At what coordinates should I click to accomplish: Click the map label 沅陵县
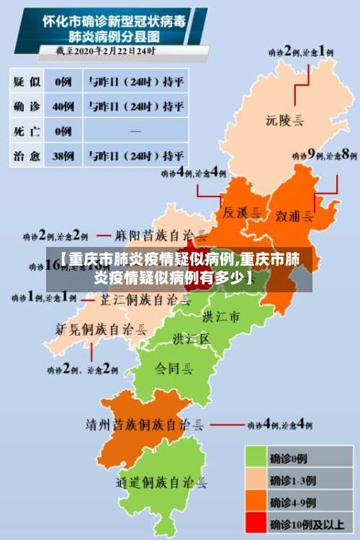pyautogui.click(x=287, y=120)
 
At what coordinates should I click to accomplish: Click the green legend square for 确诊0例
pyautogui.click(x=256, y=456)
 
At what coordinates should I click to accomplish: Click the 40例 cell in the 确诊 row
pyautogui.click(x=63, y=107)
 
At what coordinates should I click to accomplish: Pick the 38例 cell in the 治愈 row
pyautogui.click(x=63, y=156)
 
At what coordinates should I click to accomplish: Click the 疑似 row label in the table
pyautogui.click(x=28, y=82)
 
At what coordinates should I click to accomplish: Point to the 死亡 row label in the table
pyautogui.click(x=28, y=131)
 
